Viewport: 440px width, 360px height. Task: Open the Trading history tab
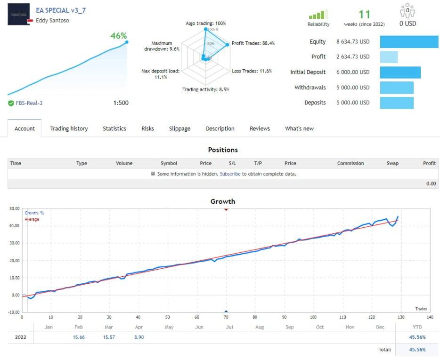point(69,128)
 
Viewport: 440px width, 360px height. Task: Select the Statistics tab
point(114,128)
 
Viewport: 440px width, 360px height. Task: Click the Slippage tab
point(179,128)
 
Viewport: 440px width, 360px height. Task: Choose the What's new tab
point(299,128)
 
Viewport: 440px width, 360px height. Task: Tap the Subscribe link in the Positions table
point(230,174)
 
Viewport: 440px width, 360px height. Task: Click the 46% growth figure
point(118,36)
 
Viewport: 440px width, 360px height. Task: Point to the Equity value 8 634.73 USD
point(353,42)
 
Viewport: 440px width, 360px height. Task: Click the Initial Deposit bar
point(400,72)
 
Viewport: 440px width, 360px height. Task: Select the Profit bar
point(389,57)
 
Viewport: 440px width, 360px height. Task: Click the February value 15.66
point(79,337)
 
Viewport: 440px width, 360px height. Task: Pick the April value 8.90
point(139,337)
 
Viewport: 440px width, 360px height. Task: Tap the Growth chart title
point(222,201)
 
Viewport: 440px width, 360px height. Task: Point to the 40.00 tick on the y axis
point(14,226)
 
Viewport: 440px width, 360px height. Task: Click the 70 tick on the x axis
point(226,317)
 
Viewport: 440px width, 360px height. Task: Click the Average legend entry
point(32,219)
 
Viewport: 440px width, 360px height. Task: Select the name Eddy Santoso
point(52,21)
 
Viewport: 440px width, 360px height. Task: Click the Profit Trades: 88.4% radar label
point(253,43)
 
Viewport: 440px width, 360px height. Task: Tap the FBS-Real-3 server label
point(28,103)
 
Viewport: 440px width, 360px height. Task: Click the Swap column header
point(392,163)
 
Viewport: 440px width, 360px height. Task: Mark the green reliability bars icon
point(318,15)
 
